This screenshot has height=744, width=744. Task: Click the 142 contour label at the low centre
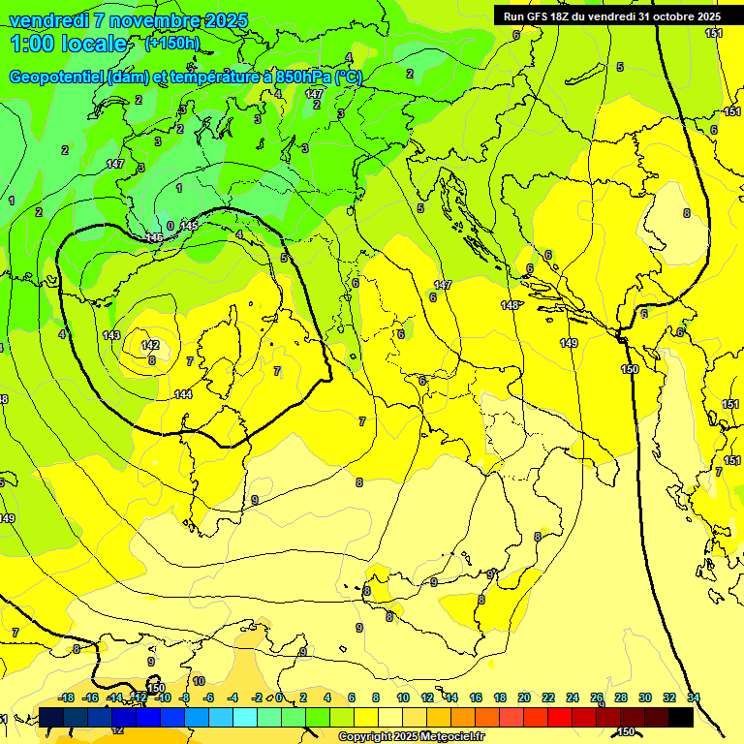[x=150, y=345]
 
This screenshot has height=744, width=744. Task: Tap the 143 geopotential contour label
[x=111, y=335]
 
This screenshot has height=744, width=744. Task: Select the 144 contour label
[x=183, y=394]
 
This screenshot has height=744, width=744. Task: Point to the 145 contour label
[x=189, y=226]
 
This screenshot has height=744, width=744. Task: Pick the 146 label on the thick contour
[x=154, y=237]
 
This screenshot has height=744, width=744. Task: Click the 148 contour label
[x=510, y=305]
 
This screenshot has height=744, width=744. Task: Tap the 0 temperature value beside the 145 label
[x=170, y=226]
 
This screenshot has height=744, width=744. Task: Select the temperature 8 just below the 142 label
[x=152, y=359]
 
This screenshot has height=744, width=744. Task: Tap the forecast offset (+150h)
[x=172, y=44]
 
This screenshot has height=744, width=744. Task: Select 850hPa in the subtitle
[x=306, y=77]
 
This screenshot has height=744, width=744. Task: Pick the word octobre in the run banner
[x=666, y=16]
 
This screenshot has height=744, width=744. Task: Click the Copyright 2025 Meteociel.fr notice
[x=411, y=737]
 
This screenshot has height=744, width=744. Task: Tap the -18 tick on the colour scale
[x=66, y=697]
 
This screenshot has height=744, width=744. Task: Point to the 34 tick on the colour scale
[x=694, y=697]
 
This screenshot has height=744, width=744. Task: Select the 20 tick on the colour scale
[x=524, y=697]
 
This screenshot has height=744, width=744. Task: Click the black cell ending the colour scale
[x=681, y=717]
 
